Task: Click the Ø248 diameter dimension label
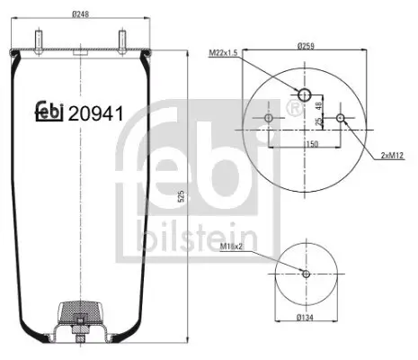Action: (x=81, y=13)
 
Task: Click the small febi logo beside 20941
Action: (x=49, y=111)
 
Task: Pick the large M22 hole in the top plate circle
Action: (x=306, y=95)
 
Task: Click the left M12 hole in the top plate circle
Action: (x=271, y=119)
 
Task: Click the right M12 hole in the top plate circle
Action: (x=340, y=119)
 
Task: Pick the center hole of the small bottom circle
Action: (x=306, y=274)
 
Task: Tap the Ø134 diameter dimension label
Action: (x=306, y=317)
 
